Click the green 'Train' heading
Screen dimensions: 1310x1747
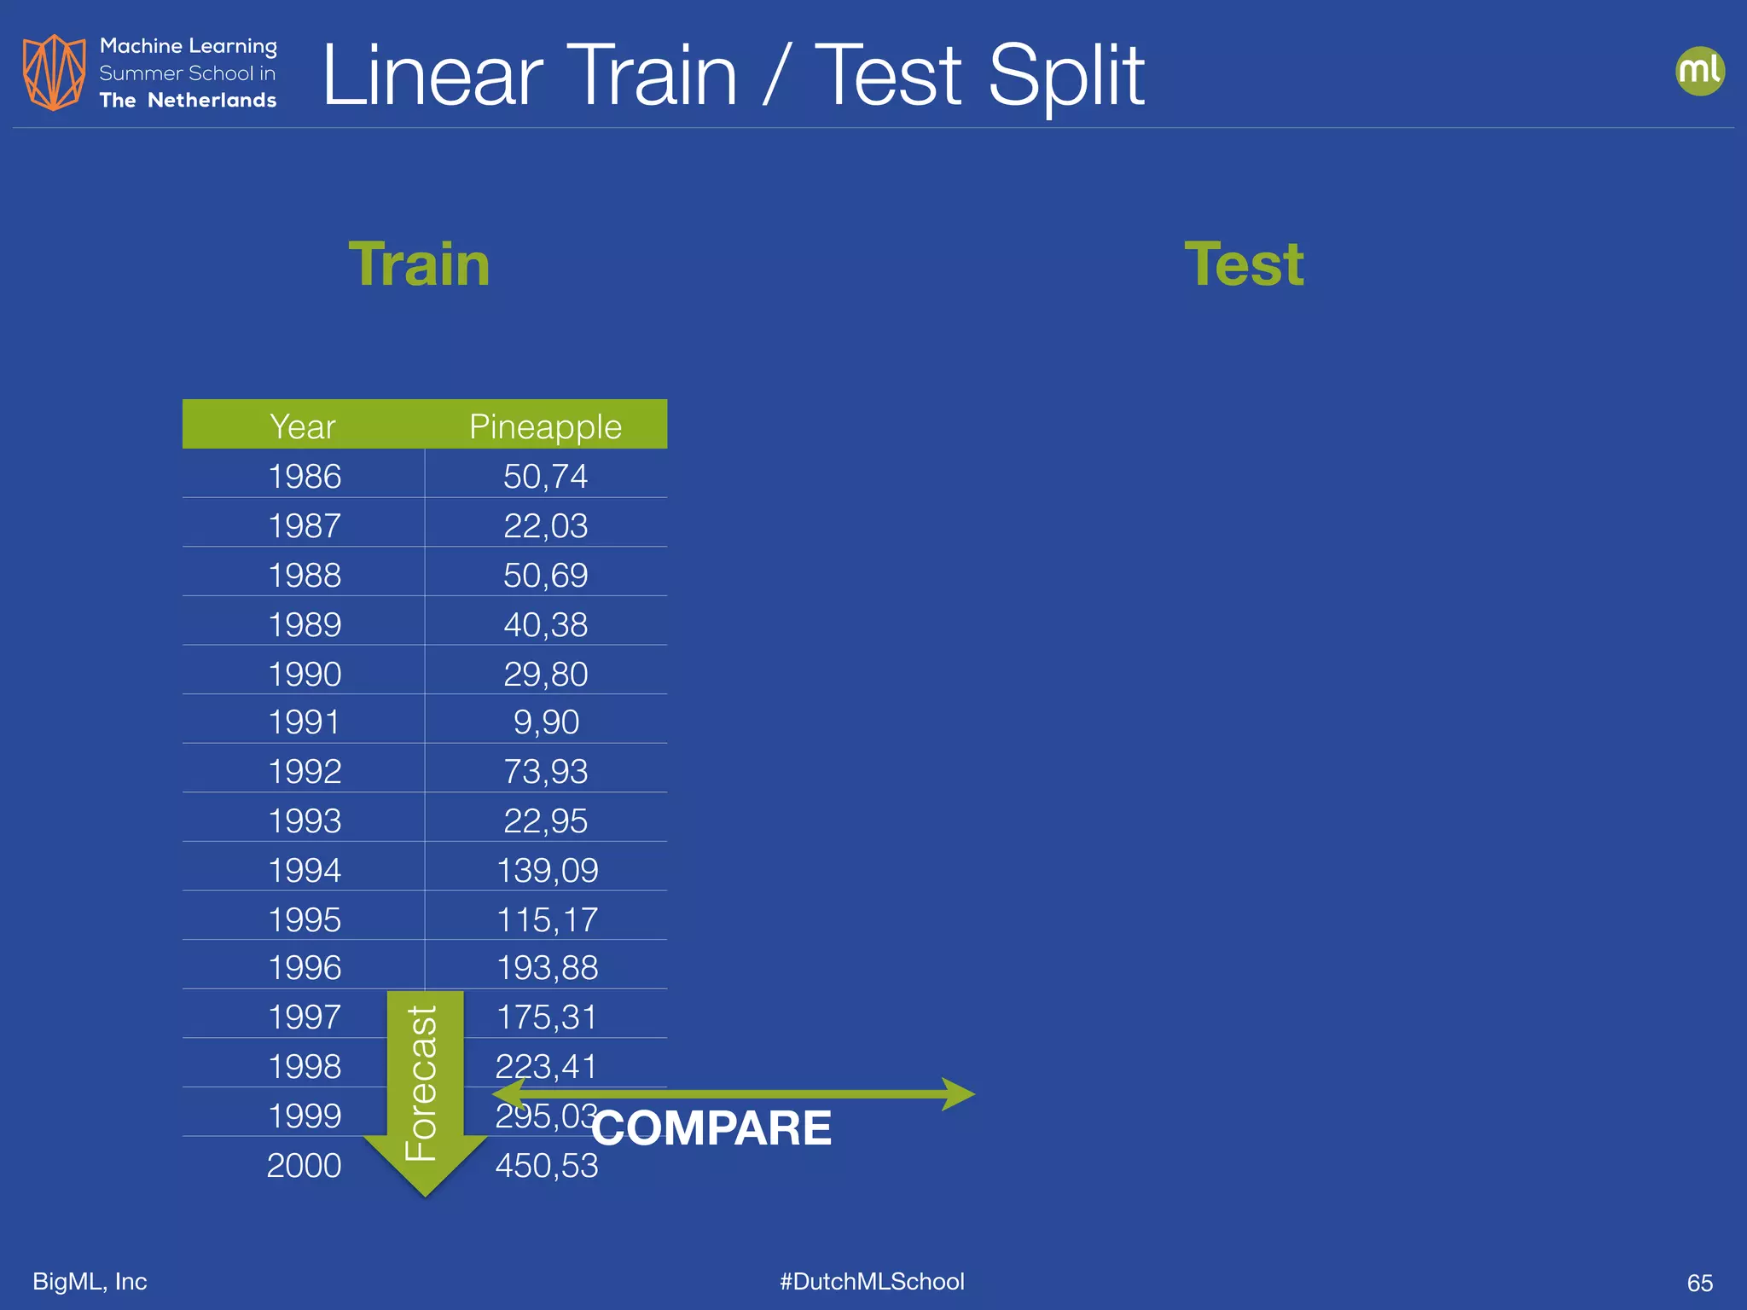click(x=419, y=264)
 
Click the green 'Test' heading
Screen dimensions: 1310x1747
click(x=1244, y=264)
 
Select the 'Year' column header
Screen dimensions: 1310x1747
click(x=303, y=426)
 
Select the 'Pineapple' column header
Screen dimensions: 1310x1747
click(x=545, y=426)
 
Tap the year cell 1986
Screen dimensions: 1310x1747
click(x=305, y=476)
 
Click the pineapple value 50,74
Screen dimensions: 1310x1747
click(x=545, y=476)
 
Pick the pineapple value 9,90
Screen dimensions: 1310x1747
click(x=546, y=722)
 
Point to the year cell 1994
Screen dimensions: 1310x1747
click(x=305, y=870)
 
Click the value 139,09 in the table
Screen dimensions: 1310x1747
click(x=547, y=870)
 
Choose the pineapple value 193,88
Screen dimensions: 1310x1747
click(x=547, y=967)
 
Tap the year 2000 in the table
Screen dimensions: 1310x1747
click(x=304, y=1165)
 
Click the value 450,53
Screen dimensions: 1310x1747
click(x=547, y=1165)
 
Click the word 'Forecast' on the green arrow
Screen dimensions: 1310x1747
click(x=421, y=1083)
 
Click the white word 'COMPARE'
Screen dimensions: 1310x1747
click(x=711, y=1127)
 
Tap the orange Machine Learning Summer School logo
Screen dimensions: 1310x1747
click(x=54, y=72)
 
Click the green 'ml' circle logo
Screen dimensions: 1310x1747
click(x=1699, y=71)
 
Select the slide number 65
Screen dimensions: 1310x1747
click(x=1699, y=1283)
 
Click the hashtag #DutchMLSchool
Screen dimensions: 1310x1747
click(x=872, y=1281)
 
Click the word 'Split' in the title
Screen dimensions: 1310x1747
click(x=1065, y=77)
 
